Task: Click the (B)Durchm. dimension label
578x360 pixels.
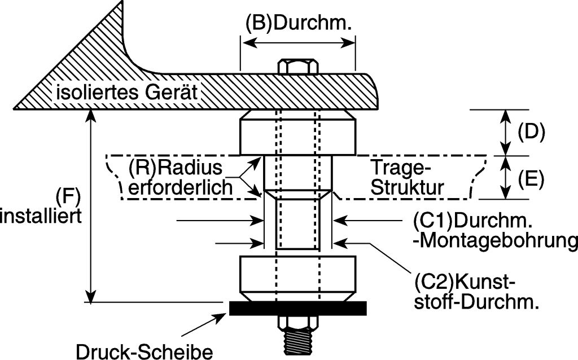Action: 299,24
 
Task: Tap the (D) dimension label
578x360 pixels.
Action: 531,131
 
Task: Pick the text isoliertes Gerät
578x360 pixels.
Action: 127,92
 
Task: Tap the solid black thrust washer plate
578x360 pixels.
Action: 298,307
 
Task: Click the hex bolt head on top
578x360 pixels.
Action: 297,66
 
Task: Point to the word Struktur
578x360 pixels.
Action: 405,187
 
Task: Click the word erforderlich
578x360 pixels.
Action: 181,188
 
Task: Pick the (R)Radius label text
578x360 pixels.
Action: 176,167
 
